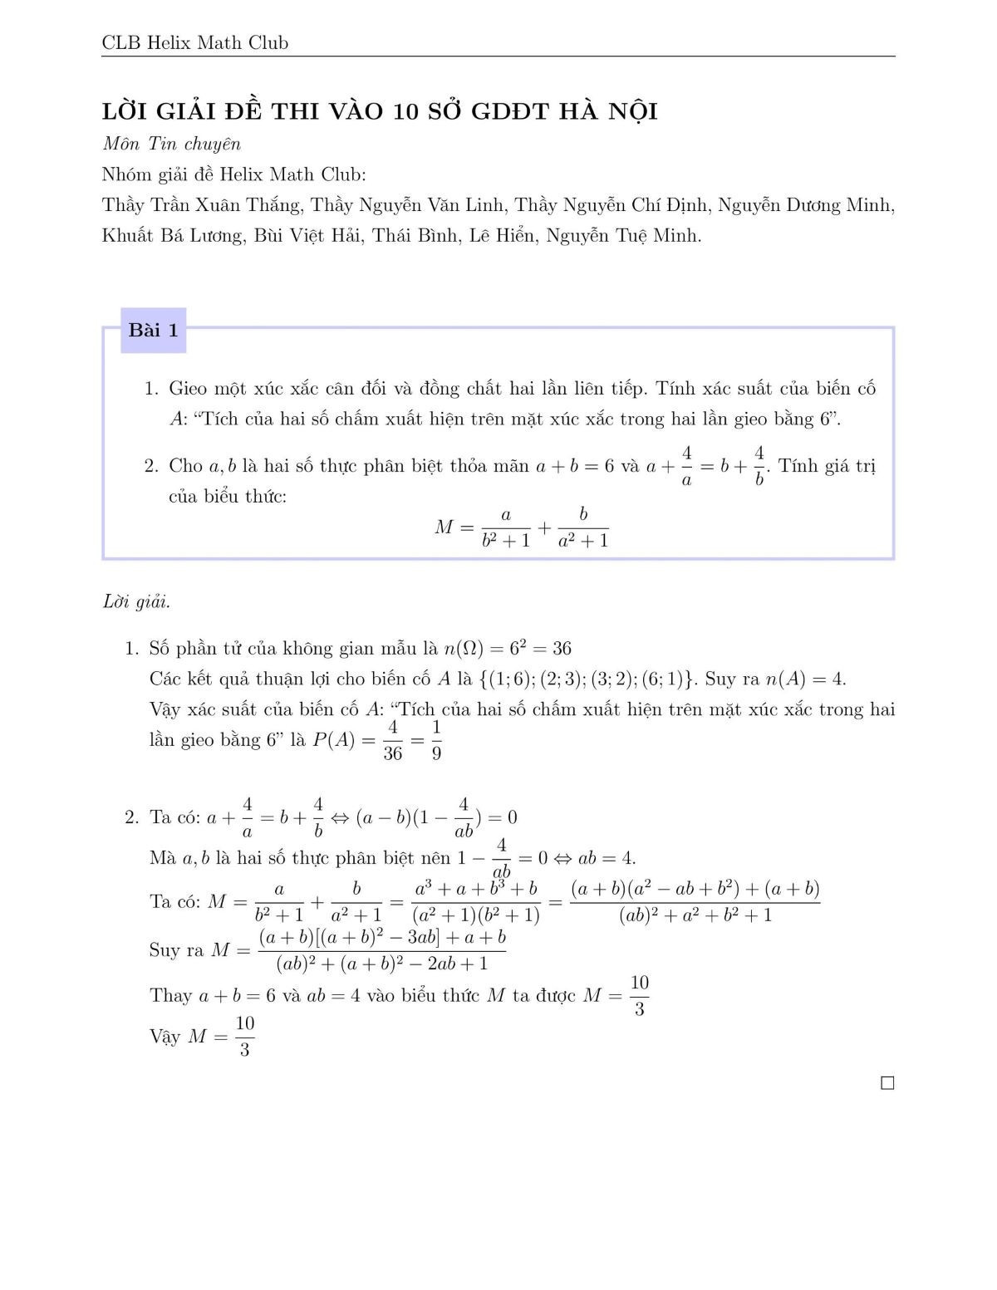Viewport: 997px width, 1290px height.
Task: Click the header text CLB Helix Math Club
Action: point(194,42)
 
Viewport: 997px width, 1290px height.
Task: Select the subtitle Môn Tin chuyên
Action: point(171,144)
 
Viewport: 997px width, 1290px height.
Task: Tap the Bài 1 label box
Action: point(153,331)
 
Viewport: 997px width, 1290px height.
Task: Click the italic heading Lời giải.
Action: point(135,601)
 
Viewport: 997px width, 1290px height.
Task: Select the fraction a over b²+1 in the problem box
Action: point(506,527)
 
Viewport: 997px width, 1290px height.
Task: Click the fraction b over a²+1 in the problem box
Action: point(583,527)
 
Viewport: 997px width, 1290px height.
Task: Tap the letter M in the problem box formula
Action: point(444,527)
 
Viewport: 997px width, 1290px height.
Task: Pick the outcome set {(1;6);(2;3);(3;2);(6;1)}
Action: point(587,679)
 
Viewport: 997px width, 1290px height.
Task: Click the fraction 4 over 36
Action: point(393,740)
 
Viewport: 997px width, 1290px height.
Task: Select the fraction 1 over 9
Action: point(436,740)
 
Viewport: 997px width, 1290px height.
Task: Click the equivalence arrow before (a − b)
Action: point(339,817)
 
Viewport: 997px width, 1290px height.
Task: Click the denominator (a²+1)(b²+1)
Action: point(476,915)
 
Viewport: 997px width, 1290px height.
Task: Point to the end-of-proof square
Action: point(887,1083)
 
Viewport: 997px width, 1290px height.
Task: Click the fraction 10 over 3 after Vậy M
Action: point(244,1037)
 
